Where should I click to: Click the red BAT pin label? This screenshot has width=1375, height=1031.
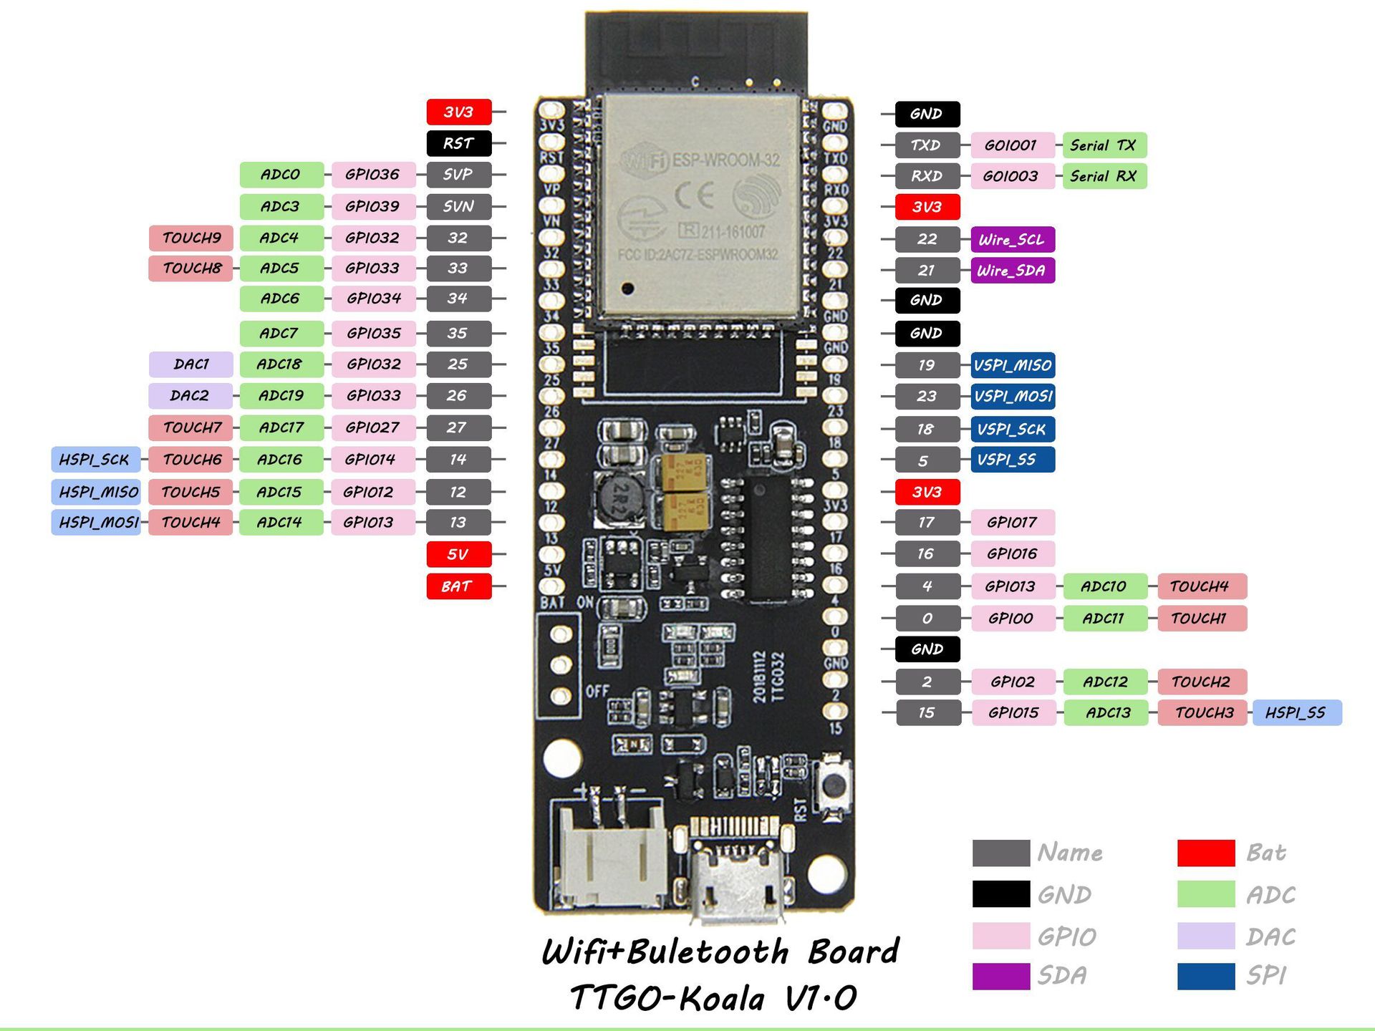[458, 586]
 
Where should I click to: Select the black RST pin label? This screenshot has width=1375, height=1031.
[458, 143]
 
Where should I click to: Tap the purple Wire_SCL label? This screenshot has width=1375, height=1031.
[1012, 239]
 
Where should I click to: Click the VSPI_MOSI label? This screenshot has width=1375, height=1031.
[1013, 396]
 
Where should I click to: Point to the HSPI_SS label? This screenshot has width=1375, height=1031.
[1296, 712]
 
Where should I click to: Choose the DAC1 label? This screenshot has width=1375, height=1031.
[190, 364]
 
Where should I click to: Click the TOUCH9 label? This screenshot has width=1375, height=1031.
[190, 238]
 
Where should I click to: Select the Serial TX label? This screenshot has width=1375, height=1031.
[1104, 145]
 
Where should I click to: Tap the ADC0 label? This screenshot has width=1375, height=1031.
[281, 174]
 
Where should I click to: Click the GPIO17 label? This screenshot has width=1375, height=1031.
[1012, 522]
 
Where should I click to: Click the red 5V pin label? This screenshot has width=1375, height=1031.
[458, 554]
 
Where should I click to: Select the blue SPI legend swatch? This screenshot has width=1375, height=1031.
[1206, 976]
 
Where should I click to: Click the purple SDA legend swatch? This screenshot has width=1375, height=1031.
[1000, 976]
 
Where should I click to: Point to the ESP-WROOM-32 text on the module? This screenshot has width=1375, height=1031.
[725, 160]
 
